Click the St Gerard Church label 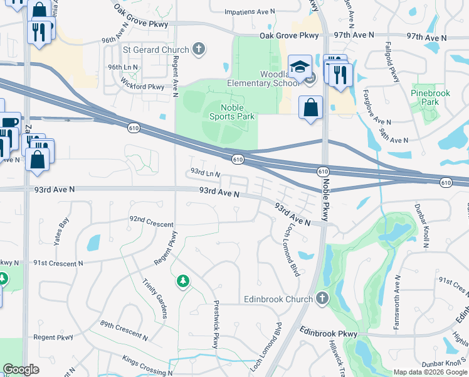click(155, 50)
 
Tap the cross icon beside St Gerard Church click(199, 49)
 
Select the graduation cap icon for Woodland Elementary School click(300, 66)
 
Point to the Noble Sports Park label click(231, 111)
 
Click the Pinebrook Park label click(430, 97)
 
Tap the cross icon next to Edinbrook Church click(322, 298)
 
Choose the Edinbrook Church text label click(277, 299)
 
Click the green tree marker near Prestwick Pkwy click(182, 281)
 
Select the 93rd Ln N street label click(206, 172)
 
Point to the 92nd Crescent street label click(151, 220)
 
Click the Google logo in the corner click(21, 369)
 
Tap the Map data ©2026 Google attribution click(430, 372)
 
